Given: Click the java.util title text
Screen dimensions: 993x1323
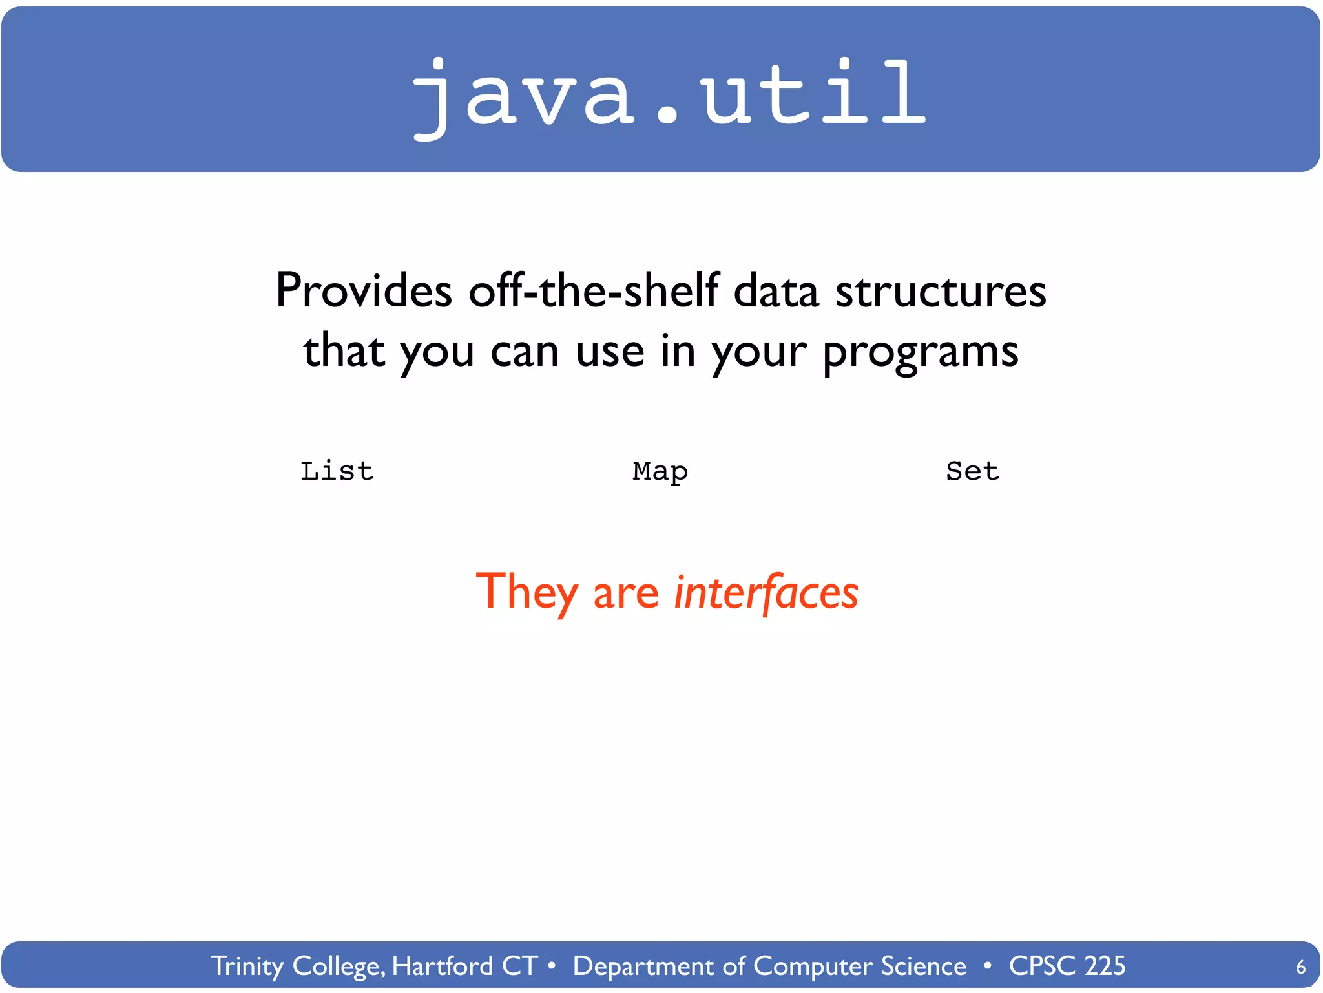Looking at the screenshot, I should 669,94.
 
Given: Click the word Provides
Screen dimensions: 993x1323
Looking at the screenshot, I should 364,291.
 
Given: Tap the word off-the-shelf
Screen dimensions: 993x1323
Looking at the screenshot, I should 594,291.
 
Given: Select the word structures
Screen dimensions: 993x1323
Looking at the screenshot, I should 941,291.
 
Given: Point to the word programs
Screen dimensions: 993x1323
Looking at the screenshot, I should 921,353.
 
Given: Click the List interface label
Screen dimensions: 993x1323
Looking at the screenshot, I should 337,471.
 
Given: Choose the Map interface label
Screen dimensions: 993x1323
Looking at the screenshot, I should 660,471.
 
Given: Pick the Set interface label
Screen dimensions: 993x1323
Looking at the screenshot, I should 973,471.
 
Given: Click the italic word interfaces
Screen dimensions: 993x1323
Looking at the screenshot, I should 766,592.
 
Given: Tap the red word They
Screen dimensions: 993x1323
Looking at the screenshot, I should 527,592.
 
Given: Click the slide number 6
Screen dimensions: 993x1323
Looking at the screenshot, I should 1300,967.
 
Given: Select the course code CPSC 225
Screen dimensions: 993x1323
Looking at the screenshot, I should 1067,966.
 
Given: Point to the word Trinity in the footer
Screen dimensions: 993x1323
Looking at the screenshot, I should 247,966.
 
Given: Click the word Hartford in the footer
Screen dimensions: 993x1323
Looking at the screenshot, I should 443,966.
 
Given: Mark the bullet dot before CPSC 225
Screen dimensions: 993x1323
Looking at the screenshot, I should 987,966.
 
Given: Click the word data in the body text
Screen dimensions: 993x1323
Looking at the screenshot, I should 776,291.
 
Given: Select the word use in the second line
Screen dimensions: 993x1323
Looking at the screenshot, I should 610,353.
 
